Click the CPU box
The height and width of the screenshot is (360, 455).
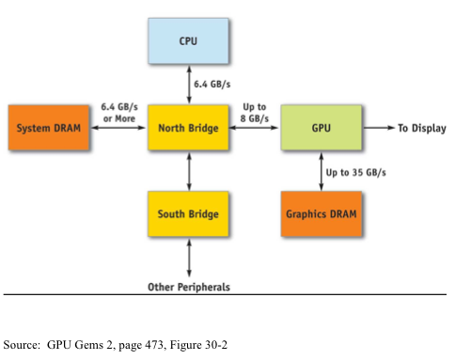tap(188, 40)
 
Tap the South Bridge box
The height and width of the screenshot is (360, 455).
tap(188, 214)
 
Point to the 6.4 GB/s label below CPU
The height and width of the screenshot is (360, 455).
tap(213, 85)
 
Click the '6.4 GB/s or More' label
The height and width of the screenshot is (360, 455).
tap(118, 112)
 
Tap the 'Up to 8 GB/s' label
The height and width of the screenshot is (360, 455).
tap(256, 112)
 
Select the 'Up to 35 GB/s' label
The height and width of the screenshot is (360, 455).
tap(356, 173)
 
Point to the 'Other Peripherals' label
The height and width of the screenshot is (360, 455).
tap(189, 286)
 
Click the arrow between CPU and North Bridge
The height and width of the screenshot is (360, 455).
tap(189, 85)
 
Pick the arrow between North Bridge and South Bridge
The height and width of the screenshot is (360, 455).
tap(189, 171)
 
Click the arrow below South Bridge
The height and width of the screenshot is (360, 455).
tap(189, 257)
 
